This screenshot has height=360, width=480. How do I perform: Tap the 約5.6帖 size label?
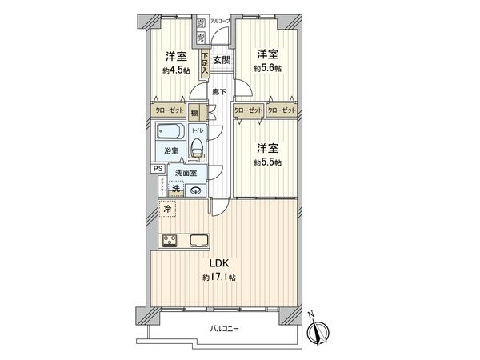tap(266, 69)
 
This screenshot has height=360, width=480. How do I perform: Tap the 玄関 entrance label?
tap(222, 59)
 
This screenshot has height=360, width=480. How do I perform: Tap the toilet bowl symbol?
tap(196, 147)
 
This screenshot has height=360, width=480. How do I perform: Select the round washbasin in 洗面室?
tap(194, 190)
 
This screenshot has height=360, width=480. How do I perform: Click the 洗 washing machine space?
tap(175, 189)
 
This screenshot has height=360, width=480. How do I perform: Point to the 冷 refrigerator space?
tap(168, 209)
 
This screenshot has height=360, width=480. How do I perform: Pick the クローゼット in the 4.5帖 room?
tap(169, 110)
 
